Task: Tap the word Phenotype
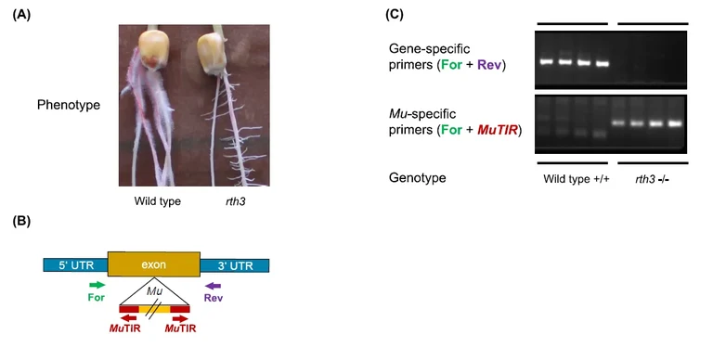point(68,105)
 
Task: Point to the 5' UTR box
point(75,265)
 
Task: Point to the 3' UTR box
point(234,265)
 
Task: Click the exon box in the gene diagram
point(153,264)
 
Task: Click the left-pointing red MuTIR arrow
point(119,317)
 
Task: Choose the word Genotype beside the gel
point(421,176)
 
